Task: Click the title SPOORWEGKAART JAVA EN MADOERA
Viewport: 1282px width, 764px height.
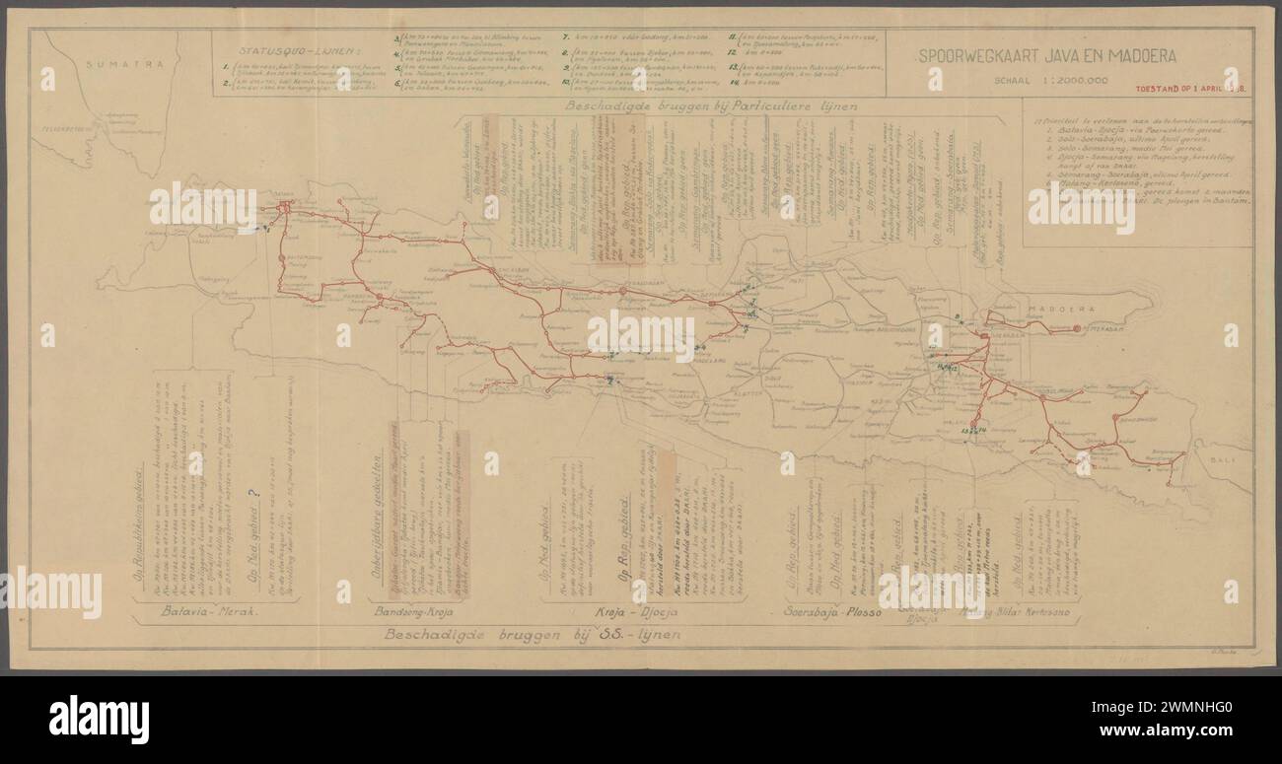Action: click(x=1047, y=56)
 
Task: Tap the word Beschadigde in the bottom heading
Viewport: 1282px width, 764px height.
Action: click(x=446, y=633)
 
